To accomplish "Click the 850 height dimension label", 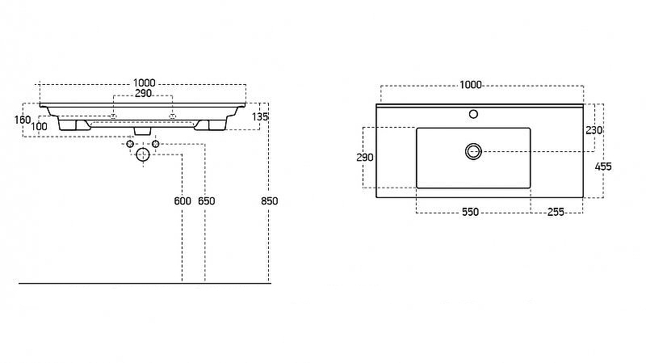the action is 270,200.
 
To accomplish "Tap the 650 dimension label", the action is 207,200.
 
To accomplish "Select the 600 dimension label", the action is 182,200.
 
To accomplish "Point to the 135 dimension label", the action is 260,116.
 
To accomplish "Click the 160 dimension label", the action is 23,120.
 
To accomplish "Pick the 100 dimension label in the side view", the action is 39,127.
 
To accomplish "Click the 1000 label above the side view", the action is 145,83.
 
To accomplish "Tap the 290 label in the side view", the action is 144,94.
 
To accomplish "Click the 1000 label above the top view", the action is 471,85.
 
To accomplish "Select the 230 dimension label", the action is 594,130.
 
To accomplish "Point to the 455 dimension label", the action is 603,167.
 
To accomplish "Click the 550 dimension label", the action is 470,212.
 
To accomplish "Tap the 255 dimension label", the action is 556,212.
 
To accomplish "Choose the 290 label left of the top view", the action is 365,157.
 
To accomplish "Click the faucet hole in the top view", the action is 473,114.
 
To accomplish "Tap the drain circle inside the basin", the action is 473,151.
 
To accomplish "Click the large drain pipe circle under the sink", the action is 143,154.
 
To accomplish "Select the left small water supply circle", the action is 130,144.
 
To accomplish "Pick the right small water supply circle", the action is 155,144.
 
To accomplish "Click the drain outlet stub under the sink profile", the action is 143,131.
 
